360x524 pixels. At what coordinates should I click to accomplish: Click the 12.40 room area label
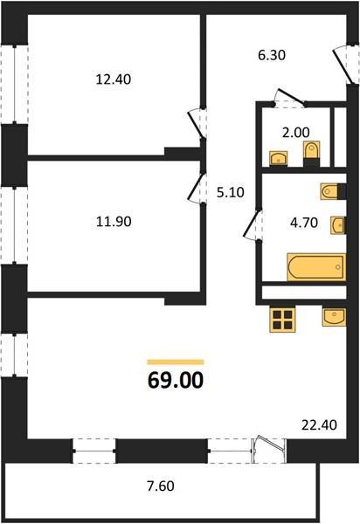tap(114, 79)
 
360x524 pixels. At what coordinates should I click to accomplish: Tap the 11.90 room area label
tap(114, 221)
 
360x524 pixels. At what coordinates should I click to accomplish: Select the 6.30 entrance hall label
tap(272, 55)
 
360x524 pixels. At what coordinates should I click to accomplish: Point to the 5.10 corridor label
tap(231, 192)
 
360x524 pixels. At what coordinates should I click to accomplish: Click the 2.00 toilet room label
tap(296, 133)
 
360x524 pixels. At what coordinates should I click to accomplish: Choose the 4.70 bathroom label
tap(304, 222)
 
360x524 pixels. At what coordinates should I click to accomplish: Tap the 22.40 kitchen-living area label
tap(319, 425)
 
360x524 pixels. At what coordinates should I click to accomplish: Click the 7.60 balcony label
tap(161, 486)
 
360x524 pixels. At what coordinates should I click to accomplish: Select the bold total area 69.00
tap(176, 380)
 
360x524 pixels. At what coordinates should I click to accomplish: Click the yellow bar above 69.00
tap(176, 362)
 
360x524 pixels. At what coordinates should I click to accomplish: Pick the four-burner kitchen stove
tap(282, 320)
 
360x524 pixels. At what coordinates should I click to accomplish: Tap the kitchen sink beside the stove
tap(334, 317)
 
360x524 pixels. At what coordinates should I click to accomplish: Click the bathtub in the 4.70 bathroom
tap(316, 267)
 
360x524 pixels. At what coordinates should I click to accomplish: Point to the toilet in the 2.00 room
tap(312, 154)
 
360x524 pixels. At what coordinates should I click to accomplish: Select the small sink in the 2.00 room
tap(279, 158)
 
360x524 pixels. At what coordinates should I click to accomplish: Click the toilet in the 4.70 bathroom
tap(333, 191)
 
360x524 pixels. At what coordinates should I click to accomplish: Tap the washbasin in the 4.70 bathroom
tap(338, 225)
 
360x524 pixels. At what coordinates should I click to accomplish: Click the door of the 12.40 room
tap(197, 123)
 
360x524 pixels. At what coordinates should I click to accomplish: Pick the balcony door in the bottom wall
tap(269, 450)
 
